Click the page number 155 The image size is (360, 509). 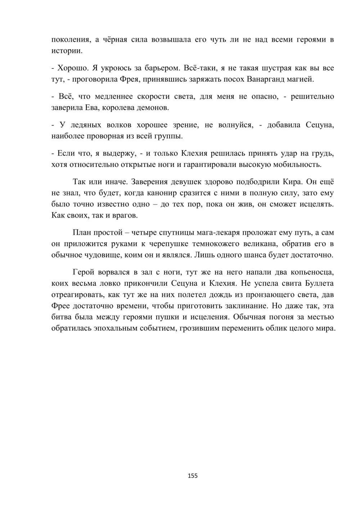193,476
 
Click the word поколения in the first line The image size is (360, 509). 70,40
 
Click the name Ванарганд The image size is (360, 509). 275,79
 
